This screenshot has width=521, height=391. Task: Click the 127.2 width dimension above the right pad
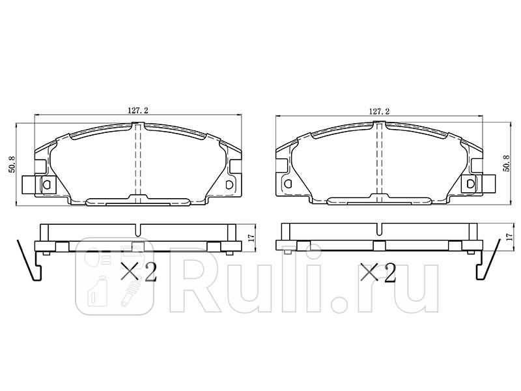point(379,111)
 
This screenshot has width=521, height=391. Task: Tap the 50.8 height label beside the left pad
point(10,164)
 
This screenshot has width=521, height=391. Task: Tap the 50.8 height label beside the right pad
point(507,164)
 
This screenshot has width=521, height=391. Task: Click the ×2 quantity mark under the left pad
point(139,272)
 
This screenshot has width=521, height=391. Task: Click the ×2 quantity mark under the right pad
point(378,272)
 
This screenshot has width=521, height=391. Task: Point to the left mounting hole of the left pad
point(46,185)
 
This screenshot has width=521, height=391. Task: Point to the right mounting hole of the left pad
point(229,185)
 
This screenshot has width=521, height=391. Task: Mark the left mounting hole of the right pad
point(287,185)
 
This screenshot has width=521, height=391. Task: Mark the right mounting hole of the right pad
point(471,185)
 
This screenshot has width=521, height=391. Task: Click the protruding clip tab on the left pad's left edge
point(28,185)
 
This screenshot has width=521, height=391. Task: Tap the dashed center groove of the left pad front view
point(137,163)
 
